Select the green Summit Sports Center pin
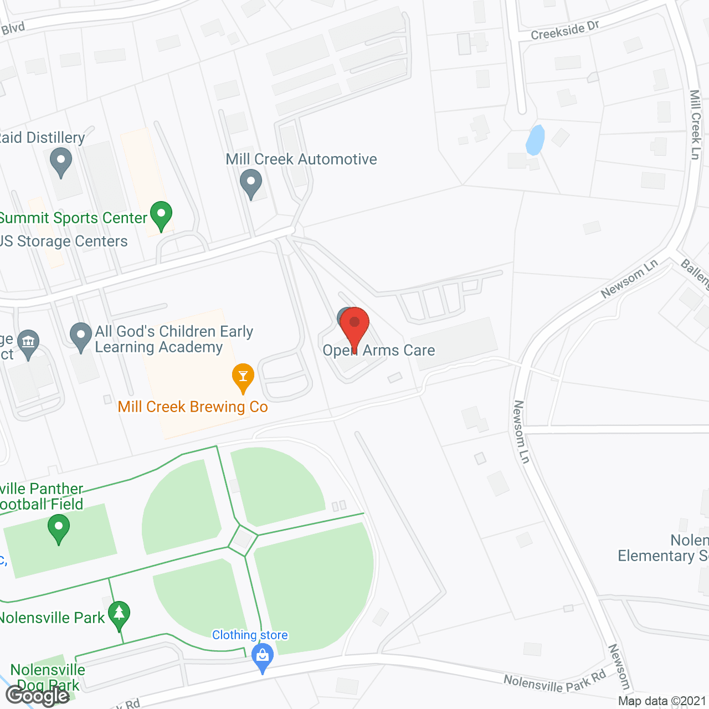[x=161, y=215]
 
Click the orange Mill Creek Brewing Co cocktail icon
[x=243, y=377]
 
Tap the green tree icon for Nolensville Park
[x=119, y=614]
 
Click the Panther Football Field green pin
[x=58, y=527]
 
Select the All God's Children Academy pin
[x=81, y=336]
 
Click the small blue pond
[x=535, y=140]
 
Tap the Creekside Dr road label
[x=565, y=30]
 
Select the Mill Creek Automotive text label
[x=301, y=160]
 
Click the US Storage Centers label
[x=64, y=242]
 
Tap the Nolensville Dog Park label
[x=48, y=677]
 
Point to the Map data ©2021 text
[x=661, y=701]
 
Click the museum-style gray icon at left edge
[x=28, y=343]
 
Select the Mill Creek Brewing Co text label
[x=193, y=407]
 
